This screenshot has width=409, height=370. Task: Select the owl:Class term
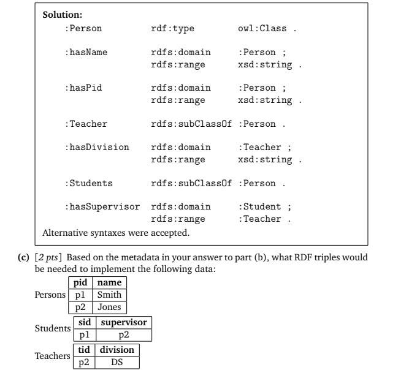pyautogui.click(x=261, y=28)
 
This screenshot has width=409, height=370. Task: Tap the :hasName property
pyautogui.click(x=86, y=52)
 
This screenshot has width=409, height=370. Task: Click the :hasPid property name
pyautogui.click(x=83, y=88)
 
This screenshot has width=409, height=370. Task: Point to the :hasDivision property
pyautogui.click(x=97, y=147)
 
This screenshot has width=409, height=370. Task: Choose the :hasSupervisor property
pyautogui.click(x=102, y=206)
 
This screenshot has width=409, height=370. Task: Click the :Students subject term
pyautogui.click(x=88, y=183)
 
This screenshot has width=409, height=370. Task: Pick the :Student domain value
pyautogui.click(x=259, y=206)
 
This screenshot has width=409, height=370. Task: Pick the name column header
pyautogui.click(x=110, y=283)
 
